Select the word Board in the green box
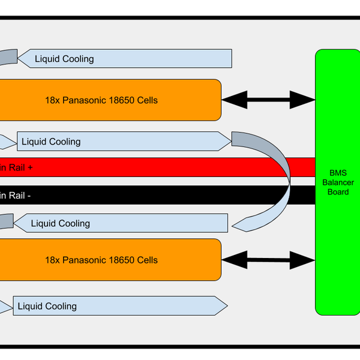pos(338,192)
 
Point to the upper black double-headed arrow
pos(268,100)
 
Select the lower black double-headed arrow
pos(268,260)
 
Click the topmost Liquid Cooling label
pos(64,59)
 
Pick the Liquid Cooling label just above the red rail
pos(51,142)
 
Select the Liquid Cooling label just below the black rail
pos(60,224)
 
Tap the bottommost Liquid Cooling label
pos(47,306)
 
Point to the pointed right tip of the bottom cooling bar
pos(226,305)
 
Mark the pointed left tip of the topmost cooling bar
pos(20,58)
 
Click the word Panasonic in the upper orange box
pos(82,100)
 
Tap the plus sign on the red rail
pos(29,168)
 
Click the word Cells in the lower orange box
pos(146,260)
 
